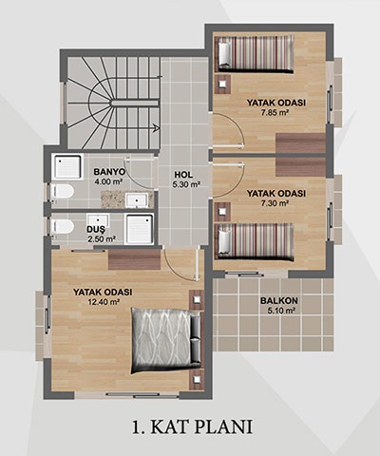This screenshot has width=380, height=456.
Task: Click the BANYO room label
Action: pyautogui.click(x=109, y=172)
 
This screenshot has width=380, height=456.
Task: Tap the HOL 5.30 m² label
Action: pyautogui.click(x=186, y=180)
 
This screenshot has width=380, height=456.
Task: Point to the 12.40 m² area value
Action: pyautogui.click(x=104, y=302)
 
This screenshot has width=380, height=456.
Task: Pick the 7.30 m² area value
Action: pyautogui.click(x=275, y=203)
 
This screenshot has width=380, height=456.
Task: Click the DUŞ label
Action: pyautogui.click(x=98, y=230)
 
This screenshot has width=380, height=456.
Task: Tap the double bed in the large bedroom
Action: pyautogui.click(x=166, y=340)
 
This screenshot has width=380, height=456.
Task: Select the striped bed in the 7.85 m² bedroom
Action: pyautogui.click(x=256, y=54)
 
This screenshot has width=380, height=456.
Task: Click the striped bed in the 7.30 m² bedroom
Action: pyautogui.click(x=256, y=242)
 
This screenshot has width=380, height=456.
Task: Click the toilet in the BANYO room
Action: pyautogui.click(x=63, y=192)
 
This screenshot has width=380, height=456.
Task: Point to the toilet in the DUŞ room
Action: pyautogui.click(x=63, y=226)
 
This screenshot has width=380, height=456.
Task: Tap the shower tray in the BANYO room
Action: pyautogui.click(x=67, y=167)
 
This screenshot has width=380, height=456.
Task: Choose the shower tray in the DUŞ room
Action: pyautogui.click(x=140, y=229)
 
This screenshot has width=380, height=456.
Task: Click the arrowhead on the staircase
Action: pyautogui.click(x=156, y=128)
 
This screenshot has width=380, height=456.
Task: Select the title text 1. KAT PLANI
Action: pyautogui.click(x=192, y=427)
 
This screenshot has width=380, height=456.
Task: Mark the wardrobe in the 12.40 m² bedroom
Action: pyautogui.click(x=134, y=259)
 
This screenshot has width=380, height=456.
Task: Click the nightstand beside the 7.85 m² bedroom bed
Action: pyautogui.click(x=222, y=84)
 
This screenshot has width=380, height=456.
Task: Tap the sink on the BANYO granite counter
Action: pyautogui.click(x=137, y=200)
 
